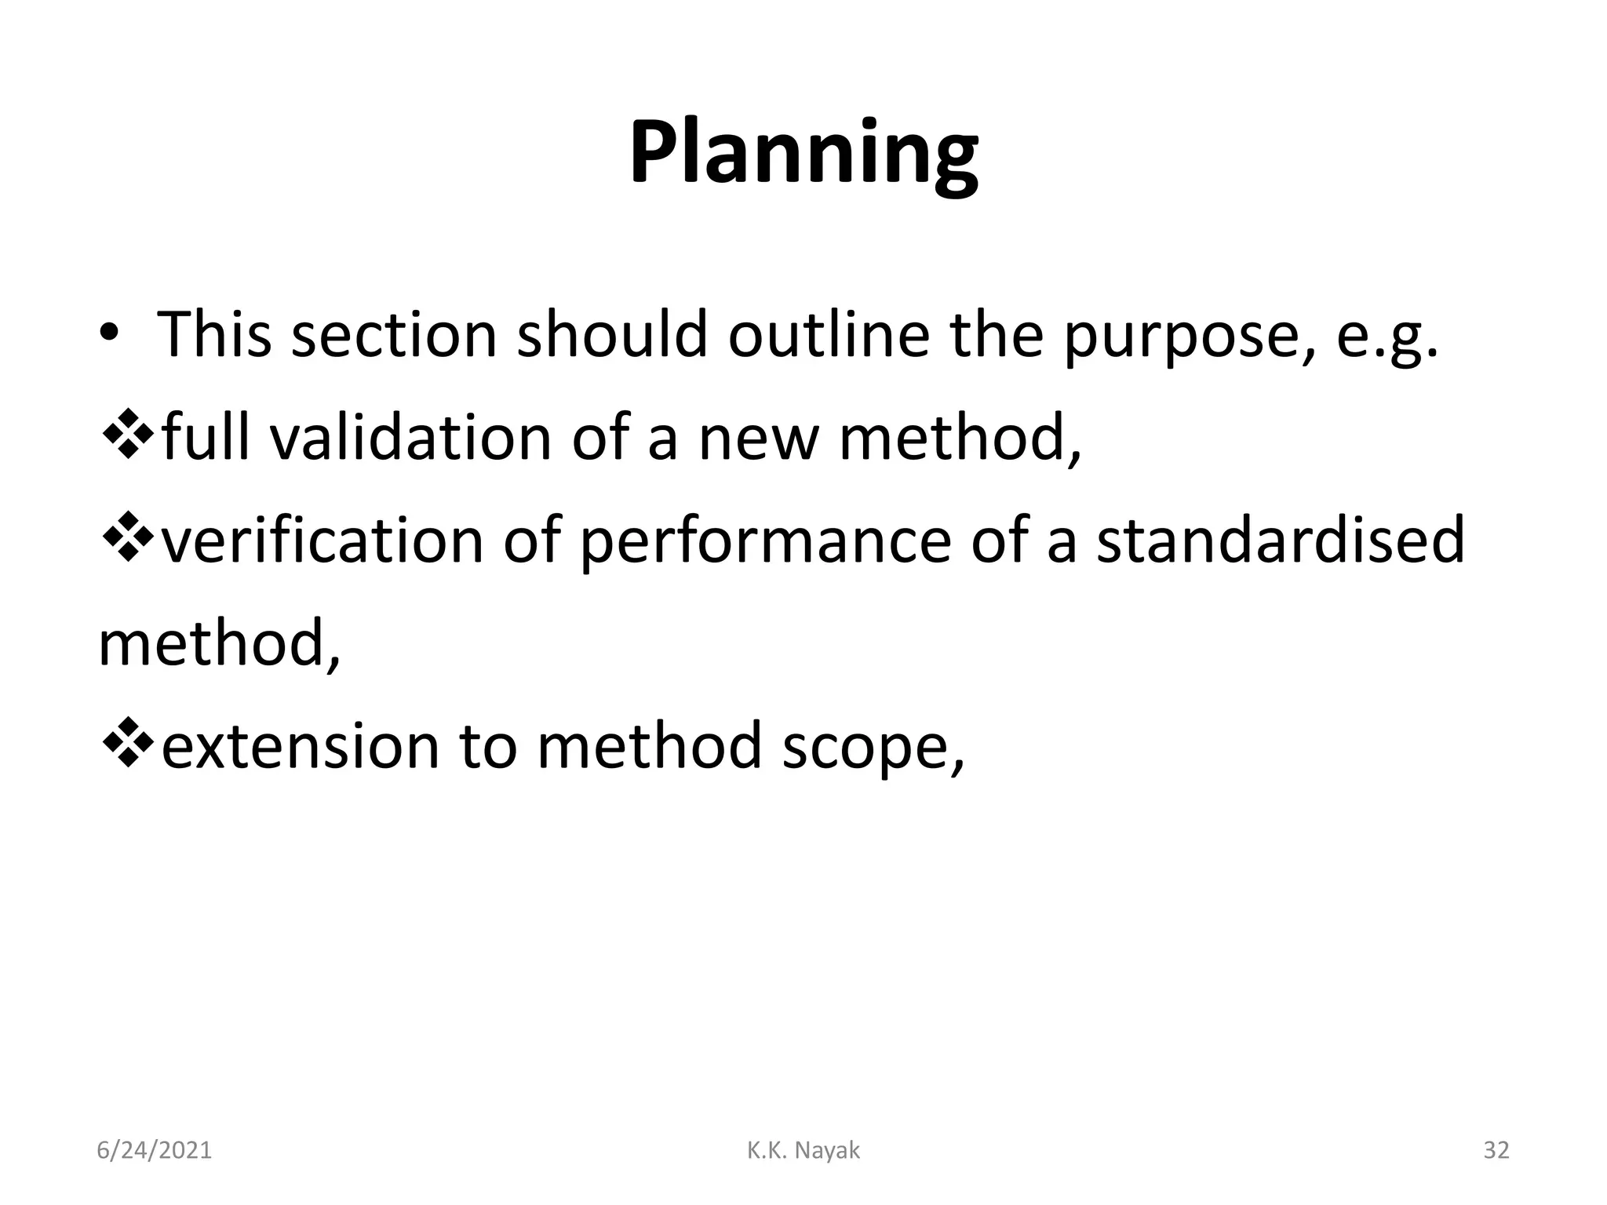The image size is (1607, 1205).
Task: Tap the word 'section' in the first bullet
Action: tap(394, 335)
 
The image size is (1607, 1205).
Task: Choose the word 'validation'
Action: tap(411, 439)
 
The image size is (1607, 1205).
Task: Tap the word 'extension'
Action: tap(300, 746)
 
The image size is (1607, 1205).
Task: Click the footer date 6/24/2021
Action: tap(154, 1150)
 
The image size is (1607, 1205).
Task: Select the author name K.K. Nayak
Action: tap(803, 1150)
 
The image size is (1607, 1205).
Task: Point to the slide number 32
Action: tap(1496, 1150)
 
